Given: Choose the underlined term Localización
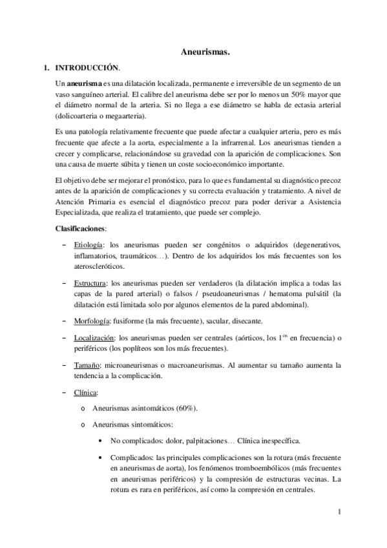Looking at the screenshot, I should tap(94, 338).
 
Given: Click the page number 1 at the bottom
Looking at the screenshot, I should tap(339, 512).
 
